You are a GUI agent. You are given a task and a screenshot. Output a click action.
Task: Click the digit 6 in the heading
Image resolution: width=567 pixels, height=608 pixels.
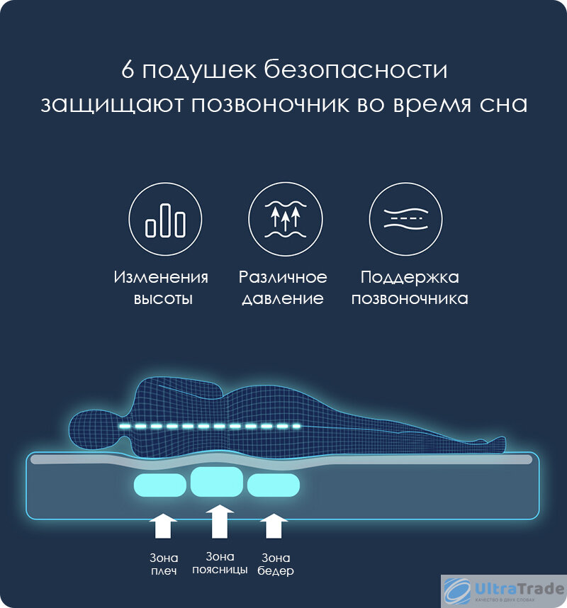128,71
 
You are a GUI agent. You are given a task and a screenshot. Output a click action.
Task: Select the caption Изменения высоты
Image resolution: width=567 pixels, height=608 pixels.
162,288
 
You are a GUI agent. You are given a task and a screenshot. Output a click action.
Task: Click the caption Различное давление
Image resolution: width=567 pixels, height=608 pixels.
283,288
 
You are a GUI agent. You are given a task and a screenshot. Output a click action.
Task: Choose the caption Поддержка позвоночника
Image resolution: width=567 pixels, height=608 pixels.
410,288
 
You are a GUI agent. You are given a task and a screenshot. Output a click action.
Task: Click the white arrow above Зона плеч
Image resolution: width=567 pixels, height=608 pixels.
164,527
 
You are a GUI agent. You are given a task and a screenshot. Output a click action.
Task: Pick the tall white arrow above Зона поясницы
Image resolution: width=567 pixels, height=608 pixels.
220,522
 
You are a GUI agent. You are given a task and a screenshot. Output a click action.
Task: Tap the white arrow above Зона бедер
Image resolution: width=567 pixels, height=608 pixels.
274,527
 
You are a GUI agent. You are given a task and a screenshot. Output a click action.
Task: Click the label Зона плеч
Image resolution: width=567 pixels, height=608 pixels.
164,564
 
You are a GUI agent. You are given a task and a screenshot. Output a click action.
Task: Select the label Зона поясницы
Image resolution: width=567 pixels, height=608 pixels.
220,563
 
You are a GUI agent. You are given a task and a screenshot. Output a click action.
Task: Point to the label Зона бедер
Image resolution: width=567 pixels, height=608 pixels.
276,564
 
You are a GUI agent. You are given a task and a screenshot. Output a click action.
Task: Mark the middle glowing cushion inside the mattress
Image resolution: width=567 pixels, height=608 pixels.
217,482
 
